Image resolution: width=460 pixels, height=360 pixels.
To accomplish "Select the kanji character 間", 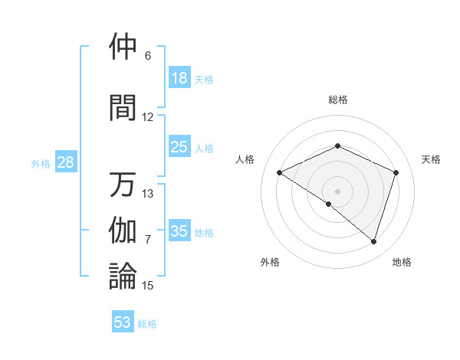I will click(123, 107).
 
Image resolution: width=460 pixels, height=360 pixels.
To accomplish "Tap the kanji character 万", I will click(123, 185).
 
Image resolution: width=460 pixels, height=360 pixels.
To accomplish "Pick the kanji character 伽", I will click(123, 231).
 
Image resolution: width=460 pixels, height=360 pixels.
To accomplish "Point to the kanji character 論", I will click(123, 277).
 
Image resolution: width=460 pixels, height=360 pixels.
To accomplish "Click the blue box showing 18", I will click(179, 78).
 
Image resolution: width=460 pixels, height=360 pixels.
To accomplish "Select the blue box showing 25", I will click(179, 147).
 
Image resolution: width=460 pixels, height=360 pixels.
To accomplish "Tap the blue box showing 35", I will click(179, 231).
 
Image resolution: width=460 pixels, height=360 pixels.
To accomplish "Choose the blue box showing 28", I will click(64, 162).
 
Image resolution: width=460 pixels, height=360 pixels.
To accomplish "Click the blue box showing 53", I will click(123, 322).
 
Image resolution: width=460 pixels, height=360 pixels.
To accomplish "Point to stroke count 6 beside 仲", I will click(148, 56).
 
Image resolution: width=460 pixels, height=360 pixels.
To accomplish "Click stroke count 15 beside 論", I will click(148, 286).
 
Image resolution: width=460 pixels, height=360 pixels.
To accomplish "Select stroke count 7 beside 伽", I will click(148, 240).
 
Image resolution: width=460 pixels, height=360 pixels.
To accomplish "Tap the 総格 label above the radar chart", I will click(337, 100).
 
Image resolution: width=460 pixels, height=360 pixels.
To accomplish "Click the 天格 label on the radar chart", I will click(431, 159).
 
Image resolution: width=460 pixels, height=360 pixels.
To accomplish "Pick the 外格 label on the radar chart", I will click(269, 262).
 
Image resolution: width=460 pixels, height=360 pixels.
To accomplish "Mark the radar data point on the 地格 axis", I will click(373, 241).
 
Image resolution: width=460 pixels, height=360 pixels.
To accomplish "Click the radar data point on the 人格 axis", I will click(280, 173).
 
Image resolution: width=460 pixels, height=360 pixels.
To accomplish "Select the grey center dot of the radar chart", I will click(337, 191).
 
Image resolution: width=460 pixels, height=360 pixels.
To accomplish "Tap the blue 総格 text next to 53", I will click(147, 324).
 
